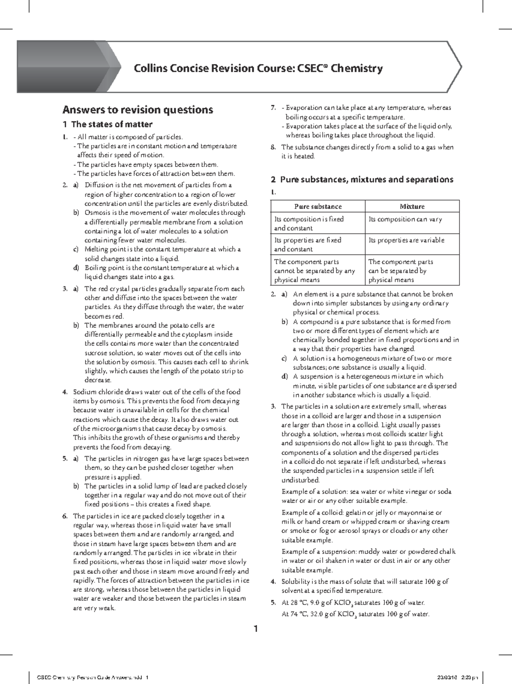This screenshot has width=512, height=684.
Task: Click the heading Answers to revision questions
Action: point(137,110)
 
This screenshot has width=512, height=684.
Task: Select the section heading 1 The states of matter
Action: point(107,125)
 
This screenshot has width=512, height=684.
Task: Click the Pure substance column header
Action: point(318,206)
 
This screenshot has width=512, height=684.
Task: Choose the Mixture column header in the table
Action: point(412,206)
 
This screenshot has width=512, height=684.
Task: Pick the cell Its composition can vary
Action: point(405,219)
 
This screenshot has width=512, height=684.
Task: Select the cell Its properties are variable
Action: point(406,240)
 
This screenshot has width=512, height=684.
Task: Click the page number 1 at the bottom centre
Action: point(256,629)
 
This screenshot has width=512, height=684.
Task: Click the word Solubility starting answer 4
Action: point(296,582)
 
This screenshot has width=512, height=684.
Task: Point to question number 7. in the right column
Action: point(273,108)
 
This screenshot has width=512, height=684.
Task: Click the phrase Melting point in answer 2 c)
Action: point(102,249)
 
